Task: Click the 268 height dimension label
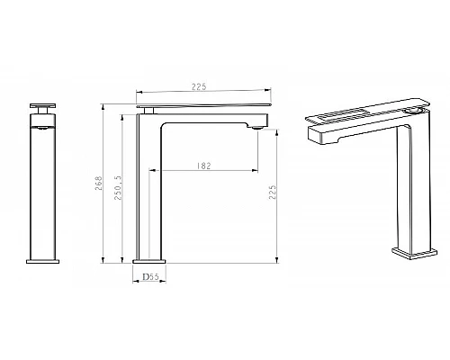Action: (x=99, y=184)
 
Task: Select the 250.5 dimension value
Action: (x=118, y=188)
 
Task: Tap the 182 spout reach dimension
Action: (x=204, y=166)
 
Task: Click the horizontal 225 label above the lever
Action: (x=199, y=86)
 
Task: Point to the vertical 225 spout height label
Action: (x=273, y=193)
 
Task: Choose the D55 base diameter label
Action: (x=150, y=276)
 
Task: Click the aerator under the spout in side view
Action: (x=257, y=128)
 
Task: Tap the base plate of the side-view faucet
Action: (x=149, y=261)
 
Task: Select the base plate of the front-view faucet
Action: (x=42, y=262)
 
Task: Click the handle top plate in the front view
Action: (x=42, y=105)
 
